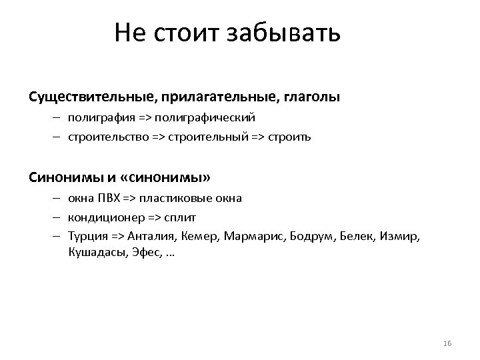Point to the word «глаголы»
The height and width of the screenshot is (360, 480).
pyautogui.click(x=312, y=97)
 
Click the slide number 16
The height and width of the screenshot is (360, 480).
pyautogui.click(x=447, y=343)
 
